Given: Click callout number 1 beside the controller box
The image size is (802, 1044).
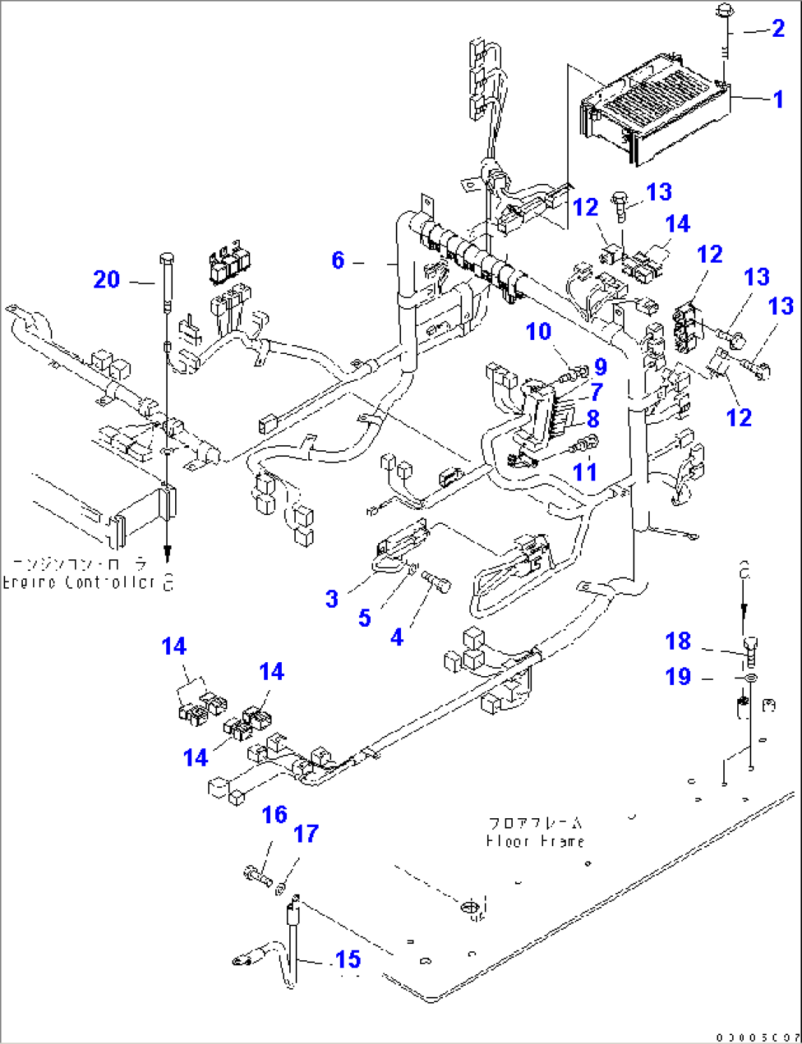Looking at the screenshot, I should pyautogui.click(x=778, y=99).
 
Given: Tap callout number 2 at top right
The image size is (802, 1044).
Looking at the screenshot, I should pyautogui.click(x=778, y=29).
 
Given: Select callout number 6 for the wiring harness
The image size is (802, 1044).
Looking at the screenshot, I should pyautogui.click(x=338, y=260).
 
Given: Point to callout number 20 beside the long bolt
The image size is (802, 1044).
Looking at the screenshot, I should pyautogui.click(x=107, y=280).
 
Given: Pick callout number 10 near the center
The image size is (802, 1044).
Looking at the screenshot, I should pyautogui.click(x=539, y=332).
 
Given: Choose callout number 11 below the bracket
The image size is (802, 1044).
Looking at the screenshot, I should pyautogui.click(x=585, y=471).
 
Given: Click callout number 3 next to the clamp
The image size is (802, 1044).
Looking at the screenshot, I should pyautogui.click(x=332, y=599).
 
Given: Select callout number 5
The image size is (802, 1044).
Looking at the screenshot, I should pyautogui.click(x=364, y=618).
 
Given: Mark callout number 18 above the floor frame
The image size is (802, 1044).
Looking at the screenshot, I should pyautogui.click(x=678, y=641).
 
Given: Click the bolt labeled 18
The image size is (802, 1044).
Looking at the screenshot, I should pyautogui.click(x=750, y=649).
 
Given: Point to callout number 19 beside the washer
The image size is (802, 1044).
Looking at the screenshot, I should pyautogui.click(x=678, y=676).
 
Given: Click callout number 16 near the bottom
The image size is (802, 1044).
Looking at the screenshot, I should pyautogui.click(x=274, y=814).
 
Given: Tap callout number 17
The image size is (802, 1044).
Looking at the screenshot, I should pyautogui.click(x=306, y=834).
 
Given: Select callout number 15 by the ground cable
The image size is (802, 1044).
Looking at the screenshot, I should pyautogui.click(x=347, y=959).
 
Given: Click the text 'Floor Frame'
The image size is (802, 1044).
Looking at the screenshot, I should pyautogui.click(x=535, y=841).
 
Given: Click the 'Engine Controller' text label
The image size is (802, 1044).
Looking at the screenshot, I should pyautogui.click(x=79, y=583).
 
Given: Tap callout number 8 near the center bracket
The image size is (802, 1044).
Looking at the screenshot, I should pyautogui.click(x=593, y=419).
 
